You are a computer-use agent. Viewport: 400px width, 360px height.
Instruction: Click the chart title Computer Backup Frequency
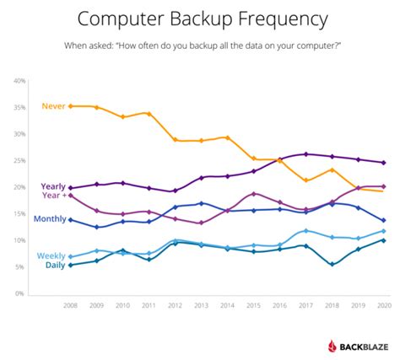click(200, 18)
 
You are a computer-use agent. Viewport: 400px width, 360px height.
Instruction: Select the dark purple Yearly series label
click(52, 186)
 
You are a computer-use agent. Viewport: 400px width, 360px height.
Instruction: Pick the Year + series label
click(53, 196)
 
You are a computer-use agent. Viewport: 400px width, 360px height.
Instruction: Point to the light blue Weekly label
click(51, 255)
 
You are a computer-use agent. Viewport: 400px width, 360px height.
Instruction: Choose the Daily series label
click(54, 266)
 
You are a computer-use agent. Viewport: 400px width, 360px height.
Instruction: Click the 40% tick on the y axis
click(19, 80)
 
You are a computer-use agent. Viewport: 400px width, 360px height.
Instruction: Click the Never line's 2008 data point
click(70, 106)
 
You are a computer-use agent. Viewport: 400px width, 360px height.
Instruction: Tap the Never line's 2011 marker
click(149, 113)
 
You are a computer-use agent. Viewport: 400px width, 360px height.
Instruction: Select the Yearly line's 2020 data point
click(384, 162)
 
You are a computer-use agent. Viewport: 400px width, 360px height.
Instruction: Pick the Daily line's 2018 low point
click(332, 264)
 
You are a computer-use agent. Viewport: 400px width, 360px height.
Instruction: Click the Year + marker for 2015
click(253, 194)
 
